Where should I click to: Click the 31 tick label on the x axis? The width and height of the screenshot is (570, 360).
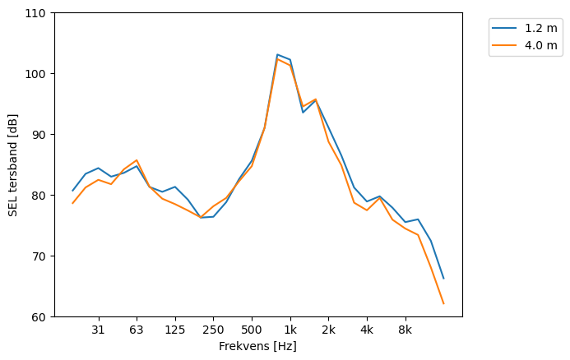click(99, 330)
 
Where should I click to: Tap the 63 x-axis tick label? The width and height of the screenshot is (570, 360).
click(137, 330)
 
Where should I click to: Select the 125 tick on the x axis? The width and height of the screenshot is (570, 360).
click(175, 330)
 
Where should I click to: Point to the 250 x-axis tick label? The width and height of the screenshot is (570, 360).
click(213, 330)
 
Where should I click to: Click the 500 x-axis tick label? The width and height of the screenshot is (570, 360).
click(252, 330)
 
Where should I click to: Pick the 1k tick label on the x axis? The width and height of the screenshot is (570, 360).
click(290, 330)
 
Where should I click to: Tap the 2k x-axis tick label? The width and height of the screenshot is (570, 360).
click(328, 330)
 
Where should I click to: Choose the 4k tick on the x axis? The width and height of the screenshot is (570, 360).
click(367, 330)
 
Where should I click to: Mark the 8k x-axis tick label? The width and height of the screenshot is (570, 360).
click(405, 330)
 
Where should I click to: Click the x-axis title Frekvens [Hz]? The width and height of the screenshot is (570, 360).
click(257, 346)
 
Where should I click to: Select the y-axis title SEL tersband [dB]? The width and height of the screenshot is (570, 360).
click(12, 165)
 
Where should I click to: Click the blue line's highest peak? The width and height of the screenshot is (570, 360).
click(277, 54)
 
